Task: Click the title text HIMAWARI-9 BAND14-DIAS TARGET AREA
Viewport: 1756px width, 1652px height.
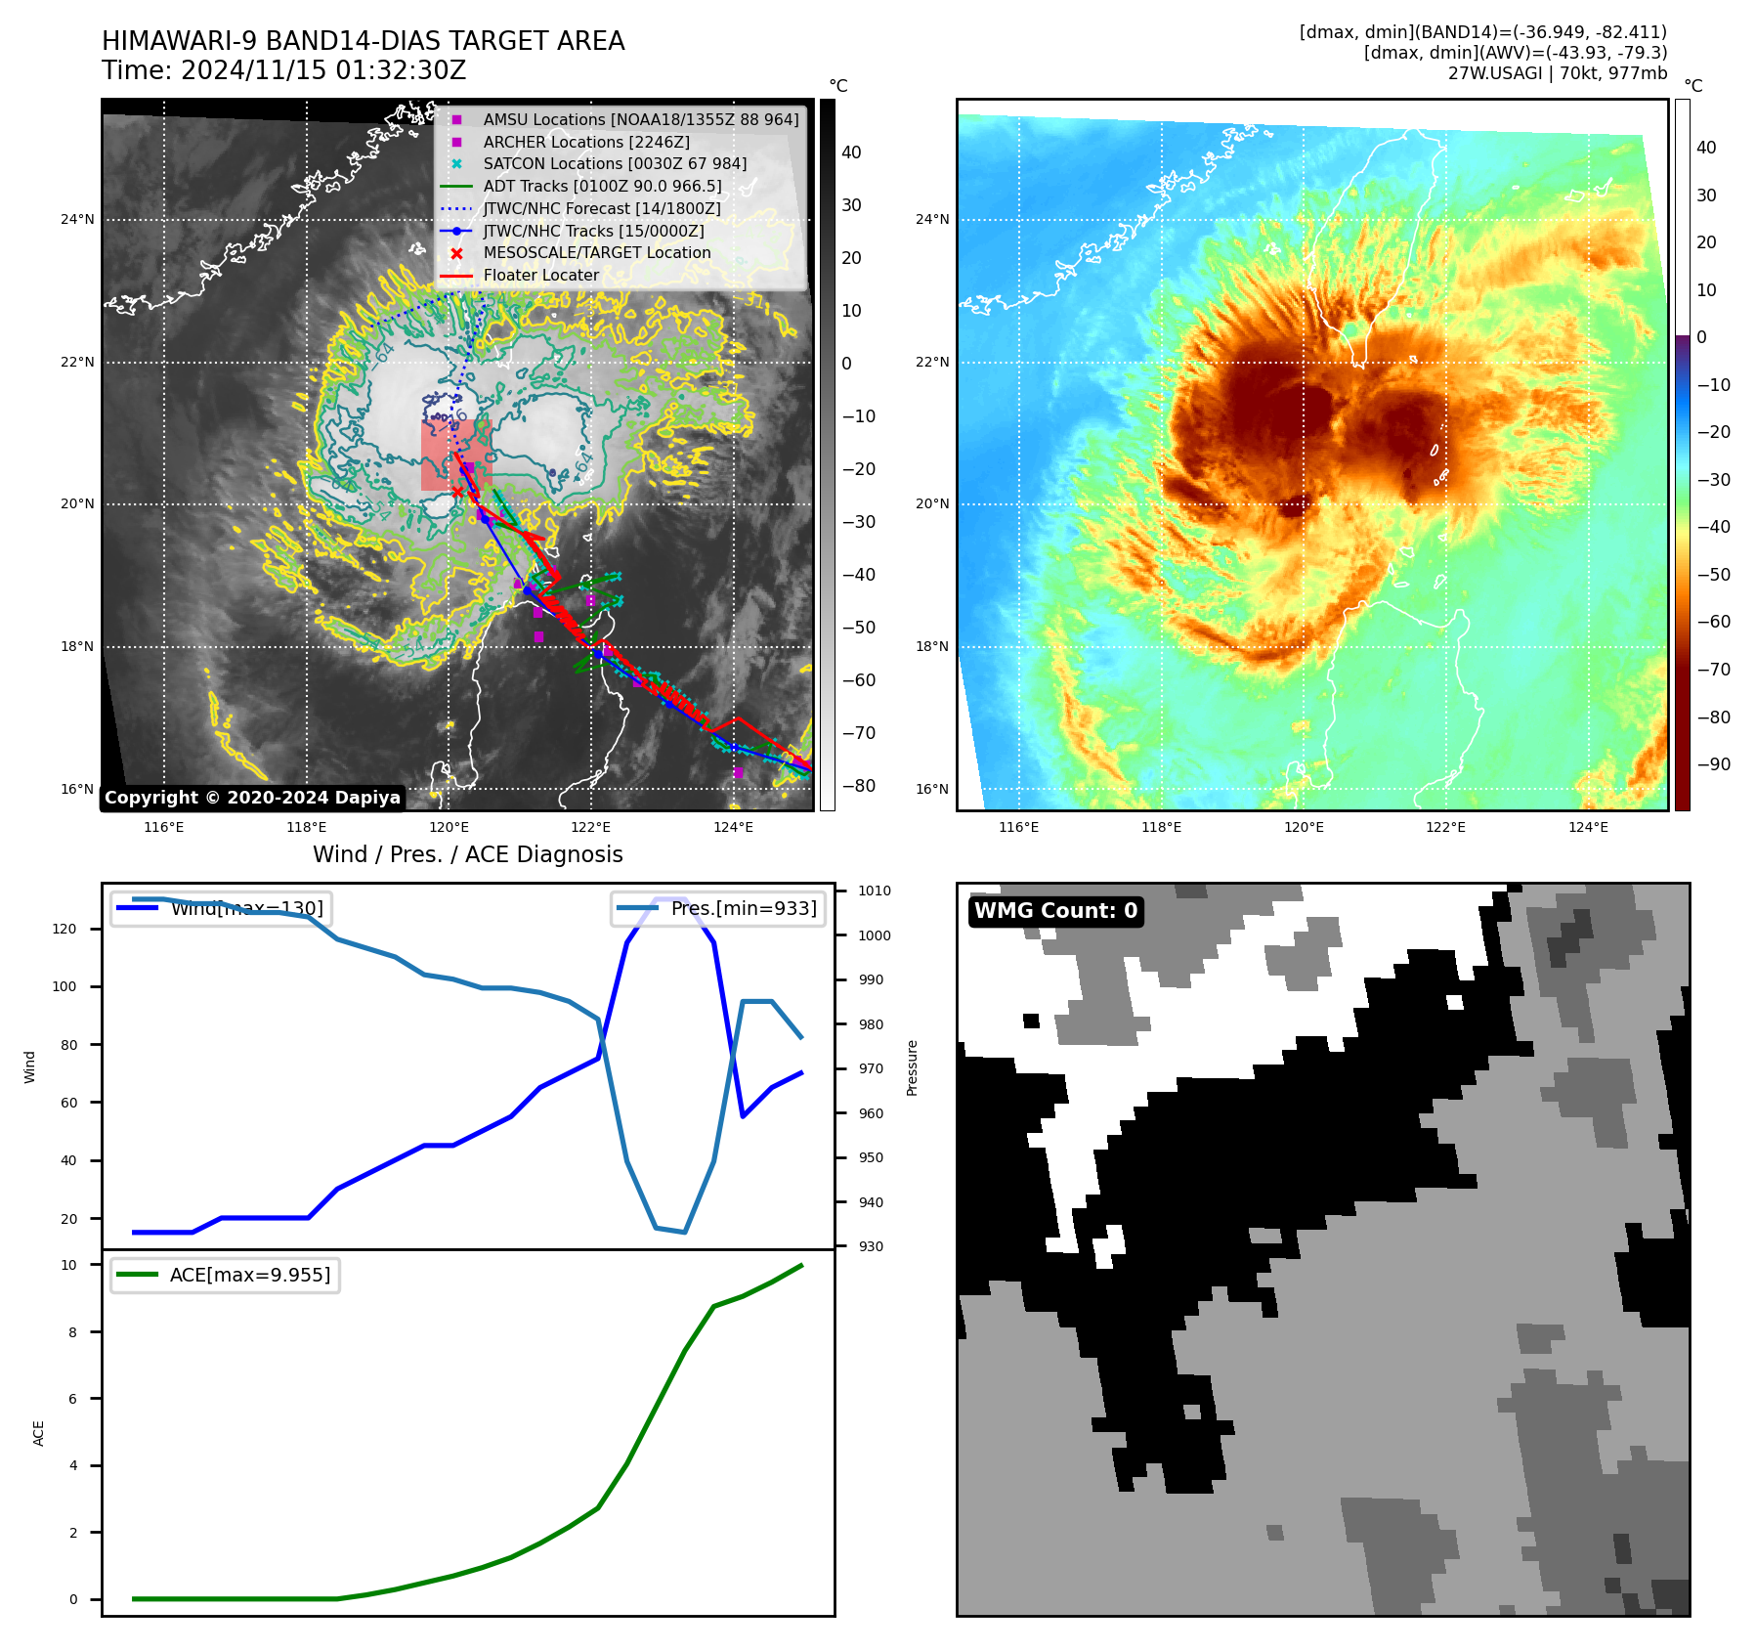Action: [363, 41]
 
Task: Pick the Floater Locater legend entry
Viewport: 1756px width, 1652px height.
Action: [540, 275]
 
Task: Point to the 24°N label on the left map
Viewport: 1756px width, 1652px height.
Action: [77, 219]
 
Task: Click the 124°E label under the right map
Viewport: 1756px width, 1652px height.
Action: [1588, 827]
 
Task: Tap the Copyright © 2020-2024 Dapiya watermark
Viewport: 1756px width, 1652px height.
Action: [252, 798]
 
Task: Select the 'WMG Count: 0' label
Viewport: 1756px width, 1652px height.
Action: [1055, 911]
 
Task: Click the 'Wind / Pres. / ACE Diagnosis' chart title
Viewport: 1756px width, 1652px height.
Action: [467, 854]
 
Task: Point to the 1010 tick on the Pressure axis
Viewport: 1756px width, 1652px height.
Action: [874, 891]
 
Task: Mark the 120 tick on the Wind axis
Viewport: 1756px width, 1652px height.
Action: [64, 929]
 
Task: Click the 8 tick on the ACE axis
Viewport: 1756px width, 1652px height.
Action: [72, 1331]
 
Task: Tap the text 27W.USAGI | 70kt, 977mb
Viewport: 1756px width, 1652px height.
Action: [1557, 73]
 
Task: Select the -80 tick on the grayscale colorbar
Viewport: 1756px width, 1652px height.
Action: [859, 786]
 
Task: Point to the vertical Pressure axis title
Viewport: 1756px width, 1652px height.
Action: [912, 1067]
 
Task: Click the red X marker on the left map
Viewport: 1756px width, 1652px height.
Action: [457, 492]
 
